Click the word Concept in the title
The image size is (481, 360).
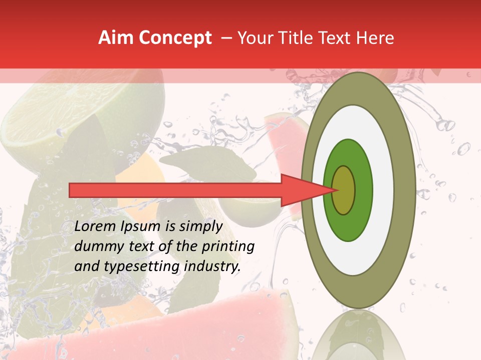[175, 38]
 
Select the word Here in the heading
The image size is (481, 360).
[376, 38]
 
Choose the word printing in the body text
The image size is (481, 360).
[228, 246]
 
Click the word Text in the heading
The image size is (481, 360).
[339, 38]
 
